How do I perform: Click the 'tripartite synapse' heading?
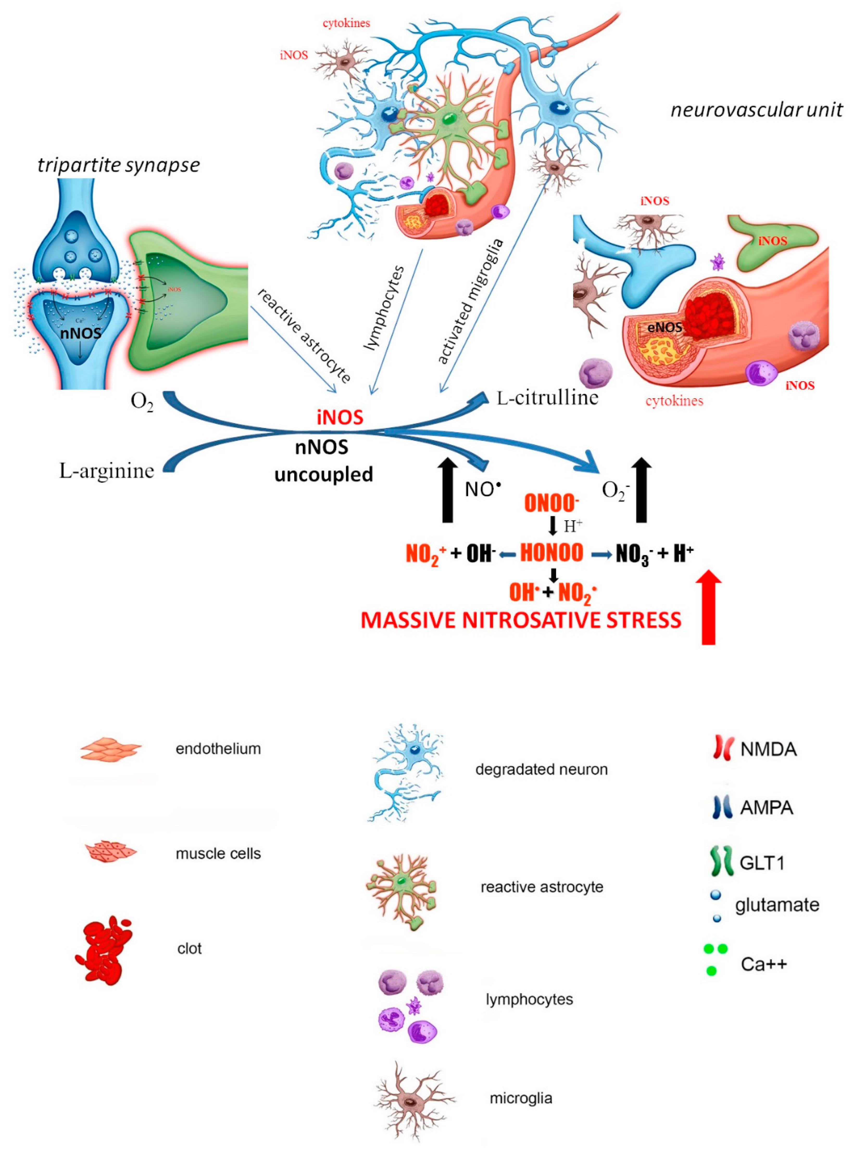(x=118, y=165)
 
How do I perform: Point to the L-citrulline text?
(x=547, y=398)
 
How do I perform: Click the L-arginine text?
(x=106, y=470)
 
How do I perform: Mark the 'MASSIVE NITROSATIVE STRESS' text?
(x=520, y=620)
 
